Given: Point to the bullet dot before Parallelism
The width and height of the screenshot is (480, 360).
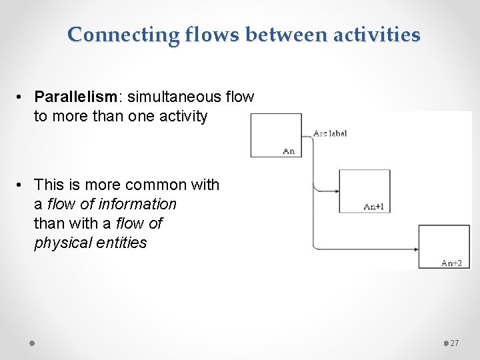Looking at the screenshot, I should pyautogui.click(x=21, y=97).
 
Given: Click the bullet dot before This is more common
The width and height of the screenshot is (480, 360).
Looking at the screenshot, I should pyautogui.click(x=21, y=185).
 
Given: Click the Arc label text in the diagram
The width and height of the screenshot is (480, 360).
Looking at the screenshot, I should pyautogui.click(x=330, y=133).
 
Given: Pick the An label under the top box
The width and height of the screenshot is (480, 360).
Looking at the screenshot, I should pyautogui.click(x=289, y=151).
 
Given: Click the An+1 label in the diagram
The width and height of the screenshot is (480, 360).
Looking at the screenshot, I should pyautogui.click(x=373, y=207).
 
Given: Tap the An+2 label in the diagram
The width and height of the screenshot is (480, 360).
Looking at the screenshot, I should pyautogui.click(x=451, y=263).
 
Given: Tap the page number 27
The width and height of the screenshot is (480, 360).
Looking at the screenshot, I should pyautogui.click(x=455, y=343).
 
